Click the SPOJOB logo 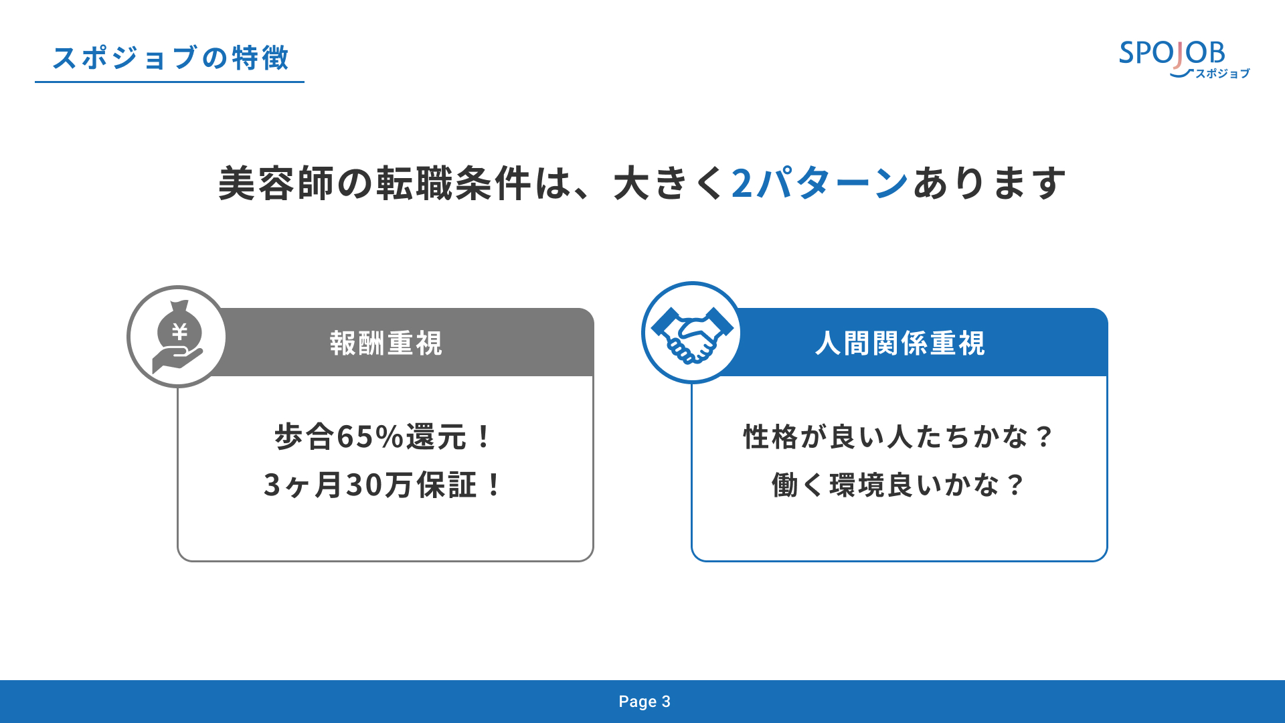point(1184,59)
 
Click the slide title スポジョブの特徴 point(171,58)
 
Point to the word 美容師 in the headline point(277,183)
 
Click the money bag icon point(178,337)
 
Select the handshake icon point(692,333)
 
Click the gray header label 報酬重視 point(386,343)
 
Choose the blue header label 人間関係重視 point(900,343)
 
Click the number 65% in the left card point(370,437)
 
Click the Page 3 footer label point(645,702)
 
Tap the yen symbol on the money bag point(179,331)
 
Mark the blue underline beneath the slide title point(169,82)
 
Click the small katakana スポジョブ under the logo point(1223,74)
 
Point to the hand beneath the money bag point(177,360)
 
